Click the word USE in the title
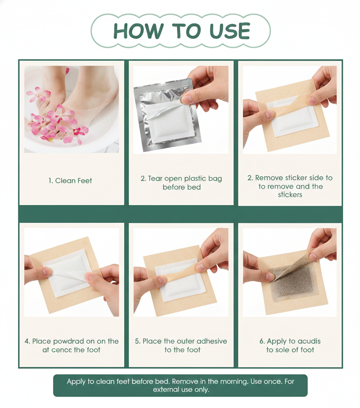229,31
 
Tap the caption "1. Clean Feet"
70,181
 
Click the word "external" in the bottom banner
166,390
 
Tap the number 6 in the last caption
262,341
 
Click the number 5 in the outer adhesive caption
137,341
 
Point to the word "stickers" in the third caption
290,195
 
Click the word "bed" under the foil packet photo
195,187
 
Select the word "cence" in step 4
61,350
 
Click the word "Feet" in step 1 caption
84,181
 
